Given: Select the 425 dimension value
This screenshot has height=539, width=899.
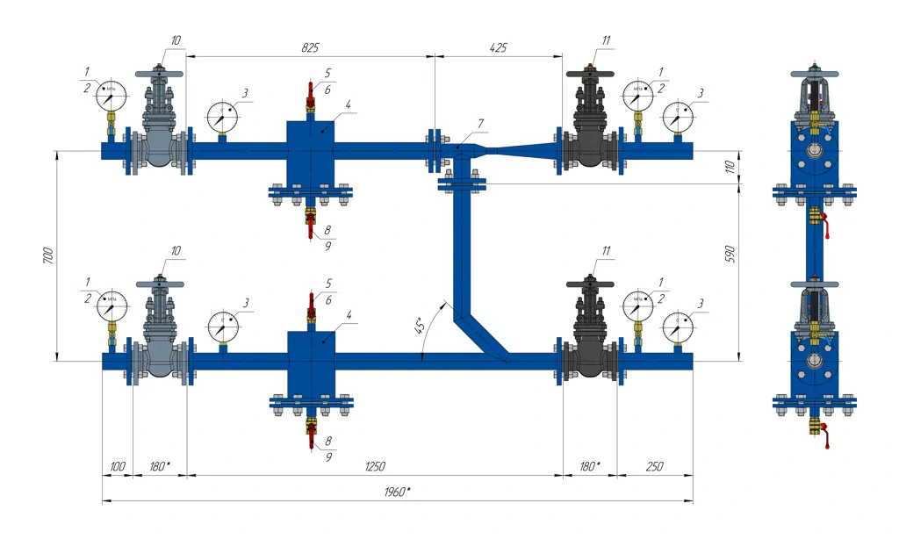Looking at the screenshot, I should [497, 47].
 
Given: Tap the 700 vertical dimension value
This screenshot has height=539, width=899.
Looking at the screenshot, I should [49, 255].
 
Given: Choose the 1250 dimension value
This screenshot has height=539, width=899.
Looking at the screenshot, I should [374, 466].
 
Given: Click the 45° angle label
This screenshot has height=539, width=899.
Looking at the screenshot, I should [421, 326].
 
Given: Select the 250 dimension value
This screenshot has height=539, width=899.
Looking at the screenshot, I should [654, 466].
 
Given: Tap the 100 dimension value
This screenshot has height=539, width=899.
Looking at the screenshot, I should [117, 466].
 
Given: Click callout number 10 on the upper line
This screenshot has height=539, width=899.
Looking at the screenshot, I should [176, 40].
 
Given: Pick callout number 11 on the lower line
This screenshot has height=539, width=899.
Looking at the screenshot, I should [606, 252].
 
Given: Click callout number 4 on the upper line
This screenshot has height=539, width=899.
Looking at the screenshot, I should [348, 104].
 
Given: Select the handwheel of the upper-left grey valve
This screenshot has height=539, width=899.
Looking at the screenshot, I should [159, 75].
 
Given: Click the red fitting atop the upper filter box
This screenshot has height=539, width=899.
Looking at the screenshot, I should [311, 95].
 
